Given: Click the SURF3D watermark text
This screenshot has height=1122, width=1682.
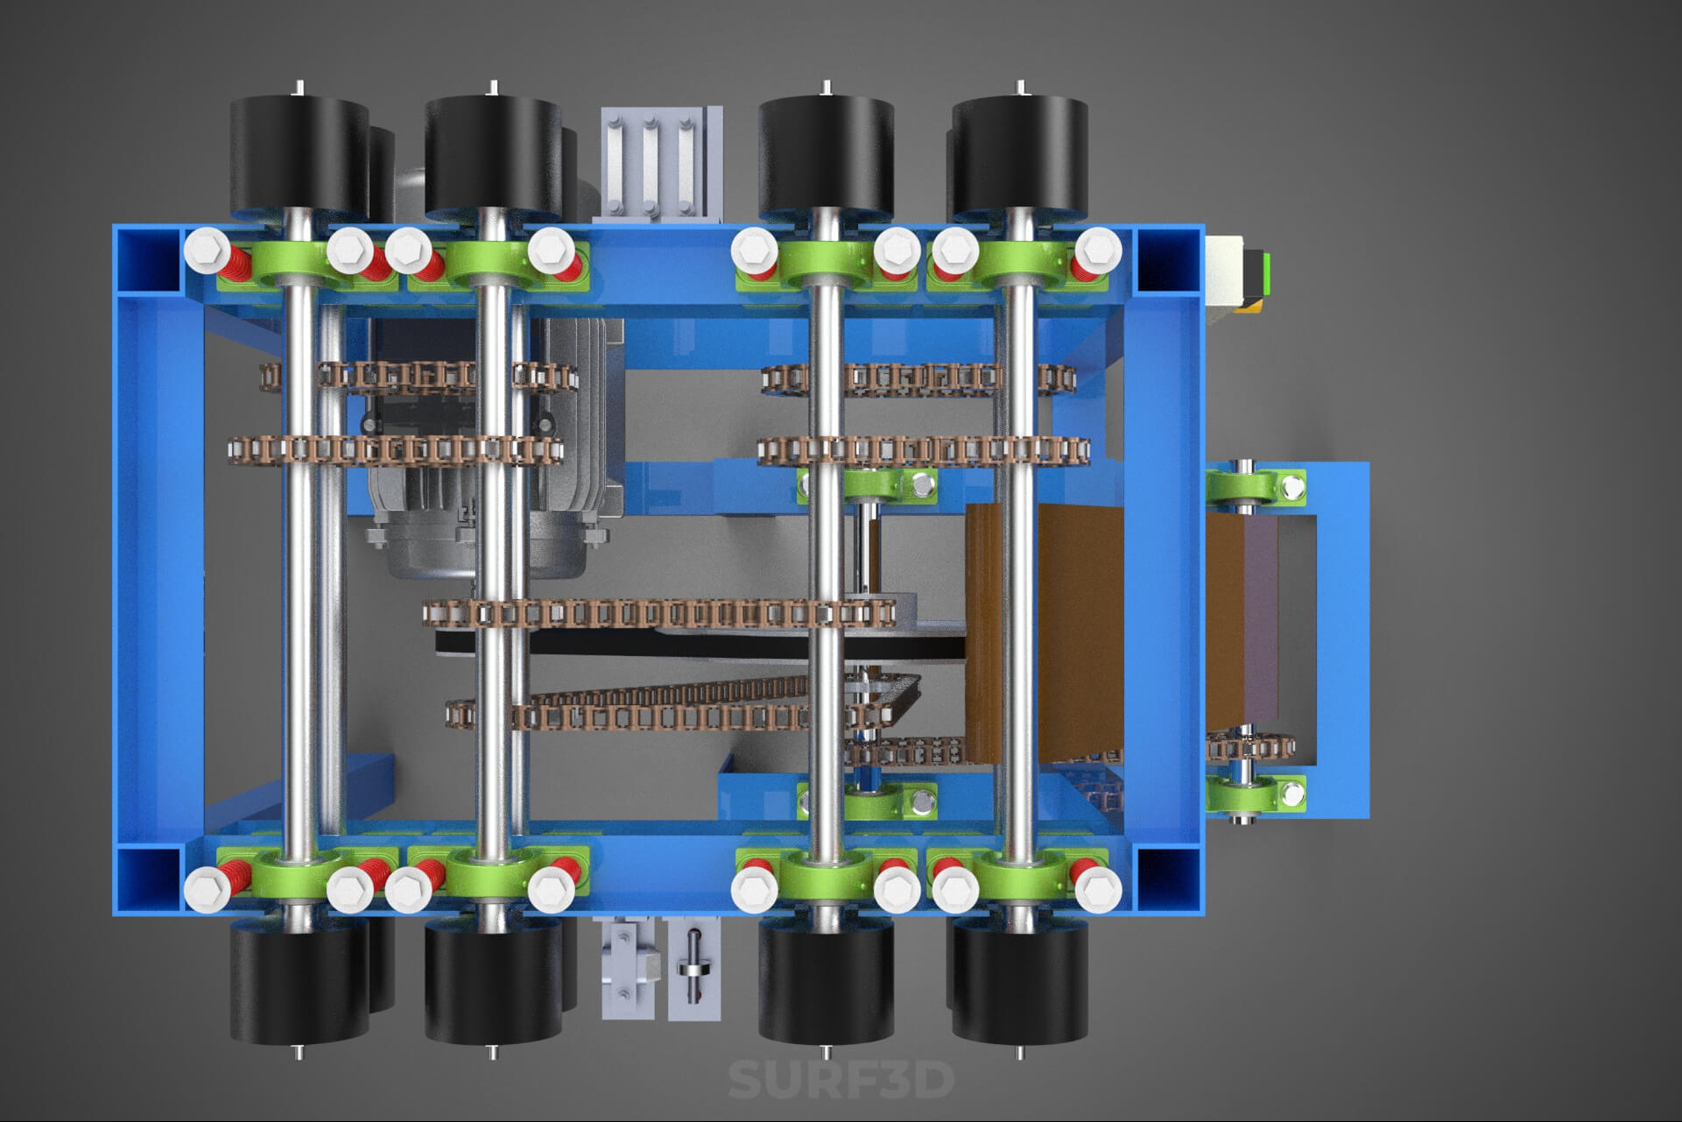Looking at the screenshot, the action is tap(841, 1079).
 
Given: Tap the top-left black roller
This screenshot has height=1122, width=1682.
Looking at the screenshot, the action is tap(299, 155).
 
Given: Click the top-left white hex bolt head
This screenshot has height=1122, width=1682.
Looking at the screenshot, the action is tap(207, 251).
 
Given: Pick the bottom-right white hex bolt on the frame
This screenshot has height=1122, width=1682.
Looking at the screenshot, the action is tap(1098, 891).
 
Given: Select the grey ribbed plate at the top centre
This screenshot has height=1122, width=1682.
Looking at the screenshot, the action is tap(661, 164).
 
